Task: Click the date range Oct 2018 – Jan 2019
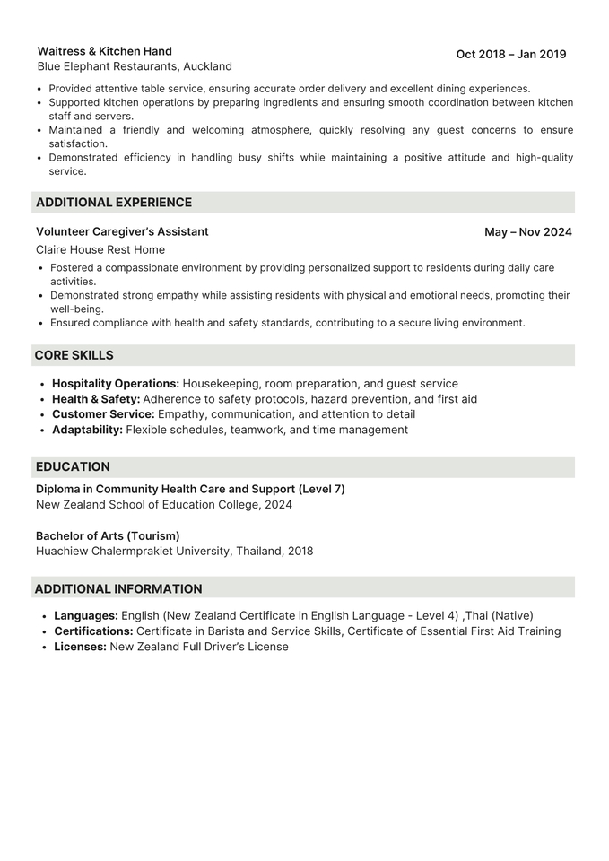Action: (510, 55)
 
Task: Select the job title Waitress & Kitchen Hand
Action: (105, 51)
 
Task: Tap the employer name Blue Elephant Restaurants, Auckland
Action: (135, 66)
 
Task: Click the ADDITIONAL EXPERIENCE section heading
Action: (114, 203)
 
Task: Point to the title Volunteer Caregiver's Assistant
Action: (122, 231)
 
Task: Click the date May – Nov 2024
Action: (527, 232)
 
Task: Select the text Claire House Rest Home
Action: (100, 249)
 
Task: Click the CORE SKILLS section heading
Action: (74, 355)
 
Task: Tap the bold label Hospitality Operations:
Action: (116, 384)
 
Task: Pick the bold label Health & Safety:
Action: (96, 399)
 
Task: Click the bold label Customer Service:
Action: (103, 414)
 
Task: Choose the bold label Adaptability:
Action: (87, 430)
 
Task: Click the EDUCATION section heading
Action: (73, 466)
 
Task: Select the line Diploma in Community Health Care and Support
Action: (190, 489)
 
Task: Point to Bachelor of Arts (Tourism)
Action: (108, 535)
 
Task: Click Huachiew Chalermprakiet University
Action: (133, 551)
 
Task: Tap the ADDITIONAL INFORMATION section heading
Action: (118, 589)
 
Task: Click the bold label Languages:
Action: (86, 616)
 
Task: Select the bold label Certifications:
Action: (93, 631)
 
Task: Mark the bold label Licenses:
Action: (80, 647)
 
